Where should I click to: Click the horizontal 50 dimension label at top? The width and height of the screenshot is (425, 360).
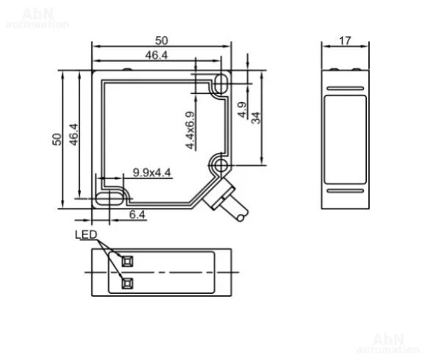click(x=162, y=40)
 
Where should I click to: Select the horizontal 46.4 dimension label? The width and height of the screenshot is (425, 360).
click(x=157, y=55)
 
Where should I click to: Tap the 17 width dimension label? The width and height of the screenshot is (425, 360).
click(x=345, y=41)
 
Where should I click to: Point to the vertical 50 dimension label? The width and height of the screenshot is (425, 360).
click(x=57, y=140)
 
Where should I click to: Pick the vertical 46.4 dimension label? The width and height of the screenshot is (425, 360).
click(x=74, y=134)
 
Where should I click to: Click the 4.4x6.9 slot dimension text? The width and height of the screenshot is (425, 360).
click(x=190, y=130)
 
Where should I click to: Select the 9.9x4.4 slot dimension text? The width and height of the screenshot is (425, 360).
click(x=151, y=172)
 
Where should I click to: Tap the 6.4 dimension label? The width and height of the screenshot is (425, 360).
click(x=137, y=215)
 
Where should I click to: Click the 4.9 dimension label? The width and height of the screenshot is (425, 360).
click(x=242, y=109)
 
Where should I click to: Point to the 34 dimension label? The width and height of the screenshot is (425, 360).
click(x=256, y=118)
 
